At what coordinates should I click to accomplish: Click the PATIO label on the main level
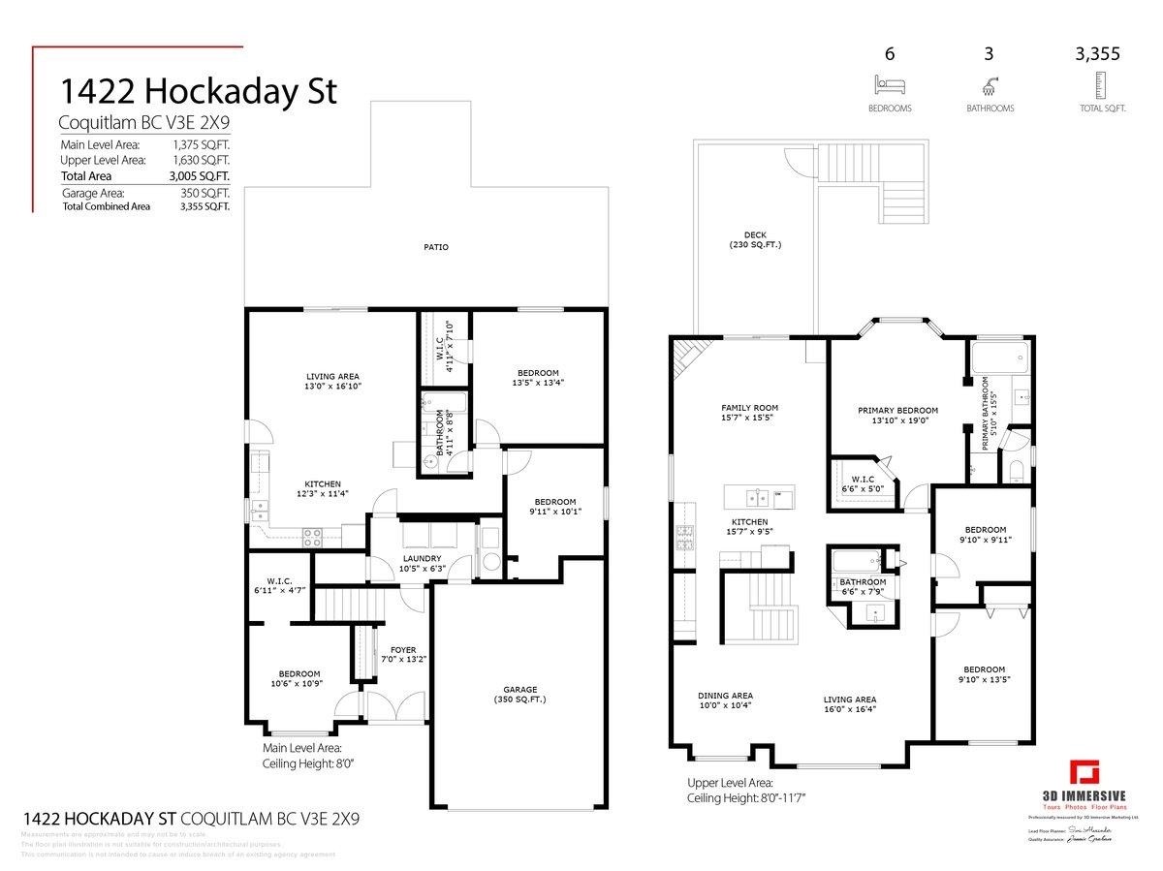coord(435,247)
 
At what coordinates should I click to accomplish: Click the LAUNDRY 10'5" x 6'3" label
coord(423,563)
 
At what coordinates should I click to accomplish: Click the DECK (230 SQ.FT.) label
coord(755,239)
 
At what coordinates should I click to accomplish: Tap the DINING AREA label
coord(725,700)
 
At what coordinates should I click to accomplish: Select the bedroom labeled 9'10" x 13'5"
coord(983,674)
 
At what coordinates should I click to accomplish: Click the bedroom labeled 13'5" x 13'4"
coord(537,378)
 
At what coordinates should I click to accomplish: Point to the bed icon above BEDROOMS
coord(889,84)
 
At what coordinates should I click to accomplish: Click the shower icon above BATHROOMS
coord(990,84)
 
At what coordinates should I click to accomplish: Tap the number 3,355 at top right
coord(1097,54)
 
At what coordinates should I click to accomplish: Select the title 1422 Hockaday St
coord(199,91)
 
